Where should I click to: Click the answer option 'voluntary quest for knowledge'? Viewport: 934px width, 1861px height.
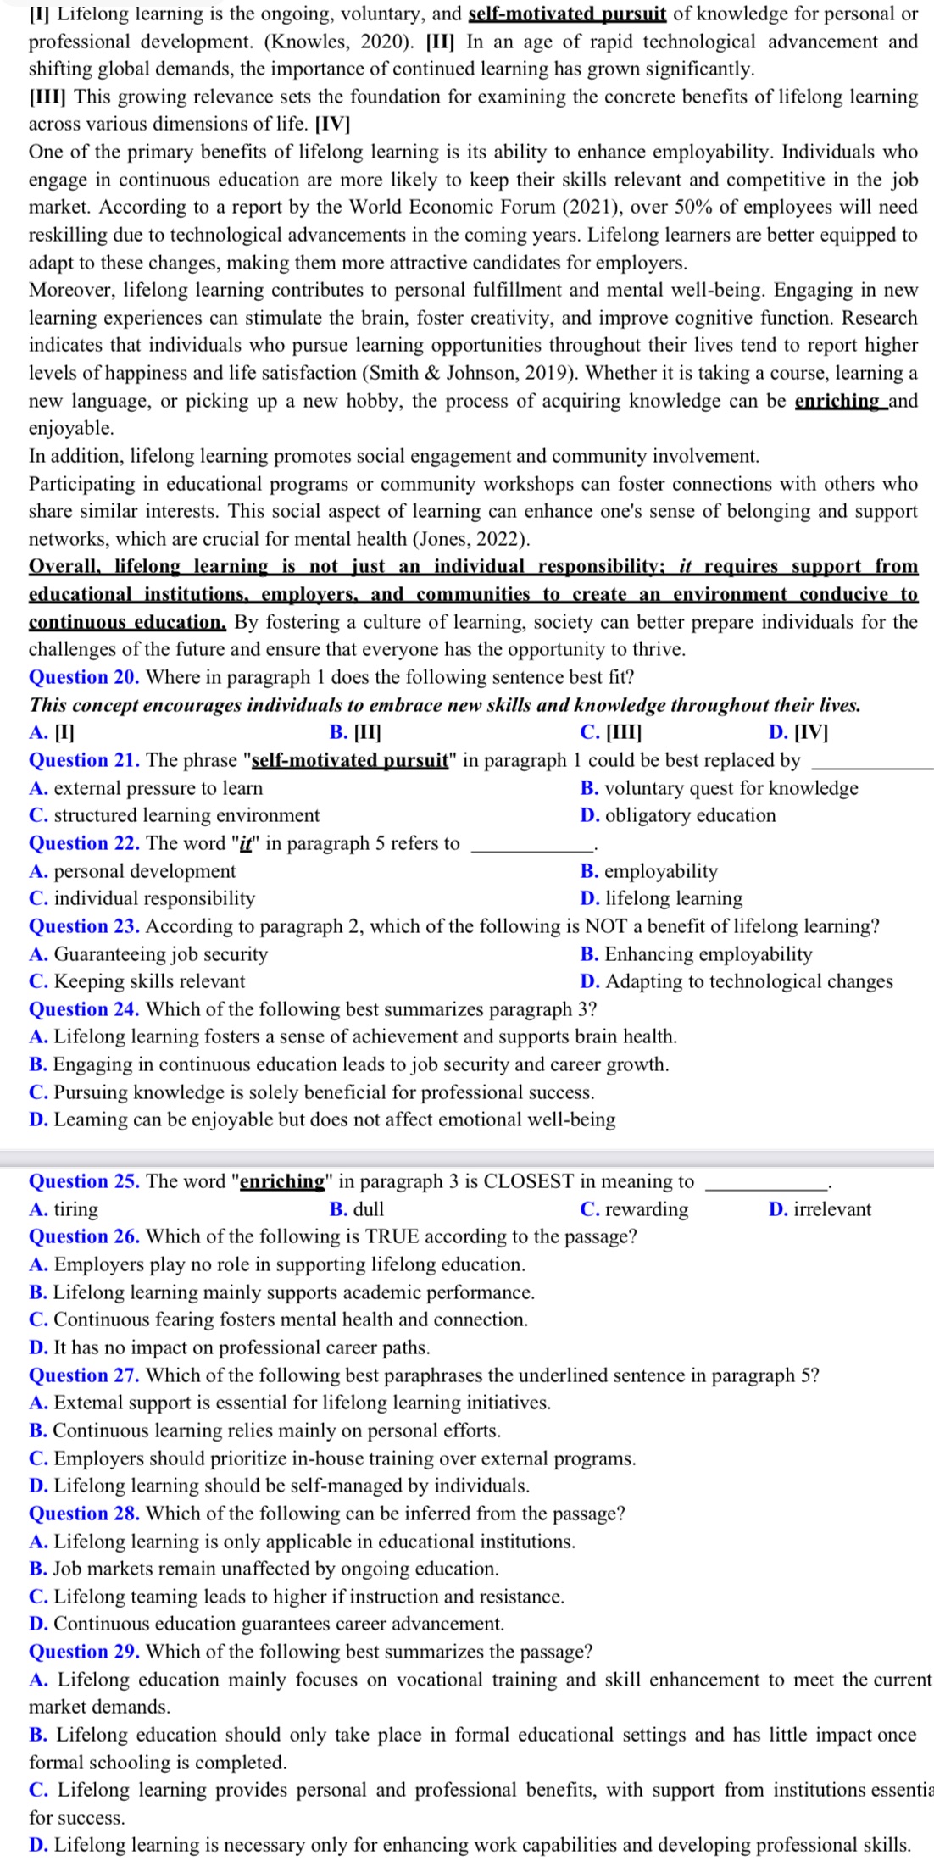[x=731, y=788]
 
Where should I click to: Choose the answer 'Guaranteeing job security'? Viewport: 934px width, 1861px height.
[x=160, y=954]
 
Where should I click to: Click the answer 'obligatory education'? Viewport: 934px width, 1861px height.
[x=690, y=815]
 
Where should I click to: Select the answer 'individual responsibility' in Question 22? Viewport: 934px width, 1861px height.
[x=153, y=898]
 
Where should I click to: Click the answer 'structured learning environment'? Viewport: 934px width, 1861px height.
[x=186, y=815]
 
